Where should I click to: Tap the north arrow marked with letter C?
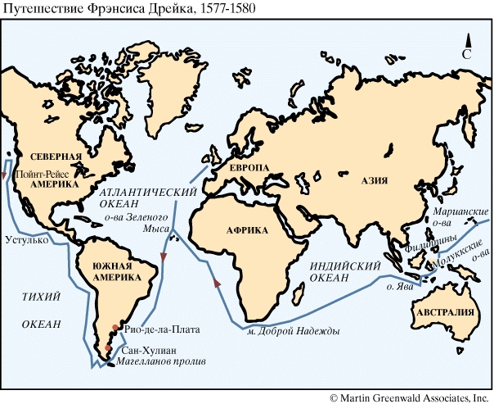[467, 48]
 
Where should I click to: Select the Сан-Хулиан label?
[142, 349]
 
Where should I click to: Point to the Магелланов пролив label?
[160, 361]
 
